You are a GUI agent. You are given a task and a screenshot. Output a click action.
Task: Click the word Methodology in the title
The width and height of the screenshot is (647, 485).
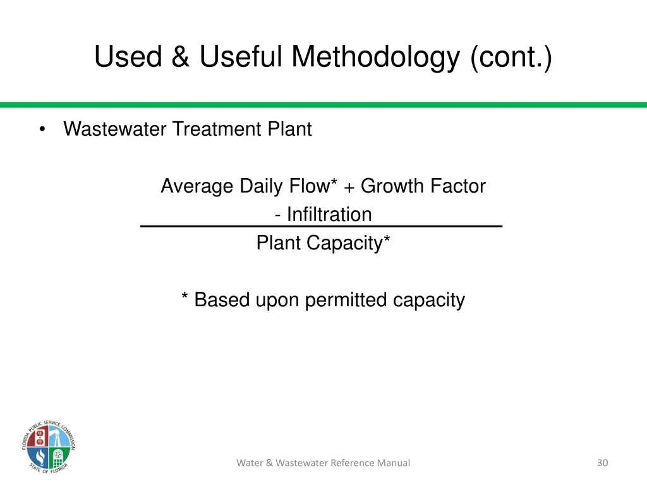pos(375,57)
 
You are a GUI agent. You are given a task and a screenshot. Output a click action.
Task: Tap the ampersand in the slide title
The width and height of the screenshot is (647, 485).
pos(181,57)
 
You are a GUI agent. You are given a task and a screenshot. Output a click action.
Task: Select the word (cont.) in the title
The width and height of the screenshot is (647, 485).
pos(511,57)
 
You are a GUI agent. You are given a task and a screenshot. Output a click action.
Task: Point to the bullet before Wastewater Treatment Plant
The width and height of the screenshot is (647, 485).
pos(42,129)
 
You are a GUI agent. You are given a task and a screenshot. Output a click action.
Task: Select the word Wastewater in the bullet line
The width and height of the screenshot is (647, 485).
pos(115,129)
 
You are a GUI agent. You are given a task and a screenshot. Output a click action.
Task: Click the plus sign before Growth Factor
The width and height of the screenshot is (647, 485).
pos(349,188)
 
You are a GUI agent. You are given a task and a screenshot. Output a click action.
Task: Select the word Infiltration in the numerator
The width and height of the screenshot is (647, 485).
pos(329,215)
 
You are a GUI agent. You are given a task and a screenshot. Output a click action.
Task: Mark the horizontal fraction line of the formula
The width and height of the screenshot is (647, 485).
pos(321,226)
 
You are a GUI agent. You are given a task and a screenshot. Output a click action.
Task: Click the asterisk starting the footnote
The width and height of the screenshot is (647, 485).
pos(185,298)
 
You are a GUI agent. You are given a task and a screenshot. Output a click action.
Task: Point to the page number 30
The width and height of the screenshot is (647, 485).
pos(602,463)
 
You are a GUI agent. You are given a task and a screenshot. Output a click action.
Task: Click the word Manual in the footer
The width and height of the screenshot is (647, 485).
pos(393,463)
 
